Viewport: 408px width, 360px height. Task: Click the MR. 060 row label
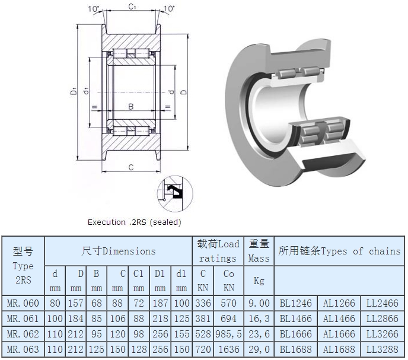[23, 303]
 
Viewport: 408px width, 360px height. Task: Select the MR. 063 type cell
[23, 349]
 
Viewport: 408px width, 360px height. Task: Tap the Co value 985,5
[228, 334]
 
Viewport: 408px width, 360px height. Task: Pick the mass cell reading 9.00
[259, 303]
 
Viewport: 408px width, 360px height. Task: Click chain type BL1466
[295, 318]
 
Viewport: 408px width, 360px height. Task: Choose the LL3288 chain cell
[383, 349]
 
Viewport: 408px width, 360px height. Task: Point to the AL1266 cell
[339, 303]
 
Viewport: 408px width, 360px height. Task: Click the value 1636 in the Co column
[228, 349]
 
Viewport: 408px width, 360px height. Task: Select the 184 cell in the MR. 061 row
[75, 318]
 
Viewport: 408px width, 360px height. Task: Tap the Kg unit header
[259, 281]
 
